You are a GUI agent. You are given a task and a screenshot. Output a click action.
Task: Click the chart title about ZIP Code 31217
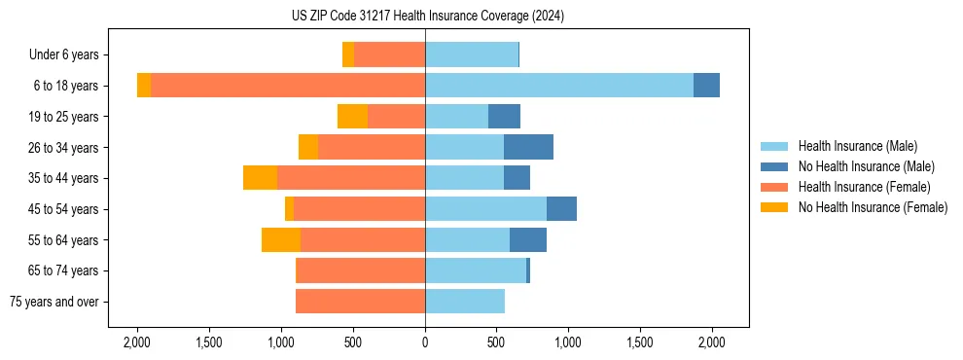427,17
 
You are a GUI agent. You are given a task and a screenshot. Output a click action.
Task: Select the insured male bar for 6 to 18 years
559,86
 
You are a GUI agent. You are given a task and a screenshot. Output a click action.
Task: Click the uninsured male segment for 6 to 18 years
706,86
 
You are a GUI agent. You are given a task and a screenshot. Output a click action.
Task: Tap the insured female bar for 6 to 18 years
288,86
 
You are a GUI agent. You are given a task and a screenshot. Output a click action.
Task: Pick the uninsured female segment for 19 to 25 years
352,117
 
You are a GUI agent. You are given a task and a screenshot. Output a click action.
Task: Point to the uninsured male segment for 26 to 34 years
528,147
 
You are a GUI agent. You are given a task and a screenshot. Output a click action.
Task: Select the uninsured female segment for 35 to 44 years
260,178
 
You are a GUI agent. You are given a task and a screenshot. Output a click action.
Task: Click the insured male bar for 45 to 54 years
485,209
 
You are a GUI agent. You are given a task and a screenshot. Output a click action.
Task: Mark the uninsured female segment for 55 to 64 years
281,239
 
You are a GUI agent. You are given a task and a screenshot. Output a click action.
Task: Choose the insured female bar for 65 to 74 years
361,270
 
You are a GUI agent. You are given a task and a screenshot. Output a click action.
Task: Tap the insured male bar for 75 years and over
465,302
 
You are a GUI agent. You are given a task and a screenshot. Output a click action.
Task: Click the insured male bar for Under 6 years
472,54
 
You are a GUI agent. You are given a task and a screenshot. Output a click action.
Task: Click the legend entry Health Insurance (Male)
857,146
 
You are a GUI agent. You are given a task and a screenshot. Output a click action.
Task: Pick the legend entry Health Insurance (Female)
863,187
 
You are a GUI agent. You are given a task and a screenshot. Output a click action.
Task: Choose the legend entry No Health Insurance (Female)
872,207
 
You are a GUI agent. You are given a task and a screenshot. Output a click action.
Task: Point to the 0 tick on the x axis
425,342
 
